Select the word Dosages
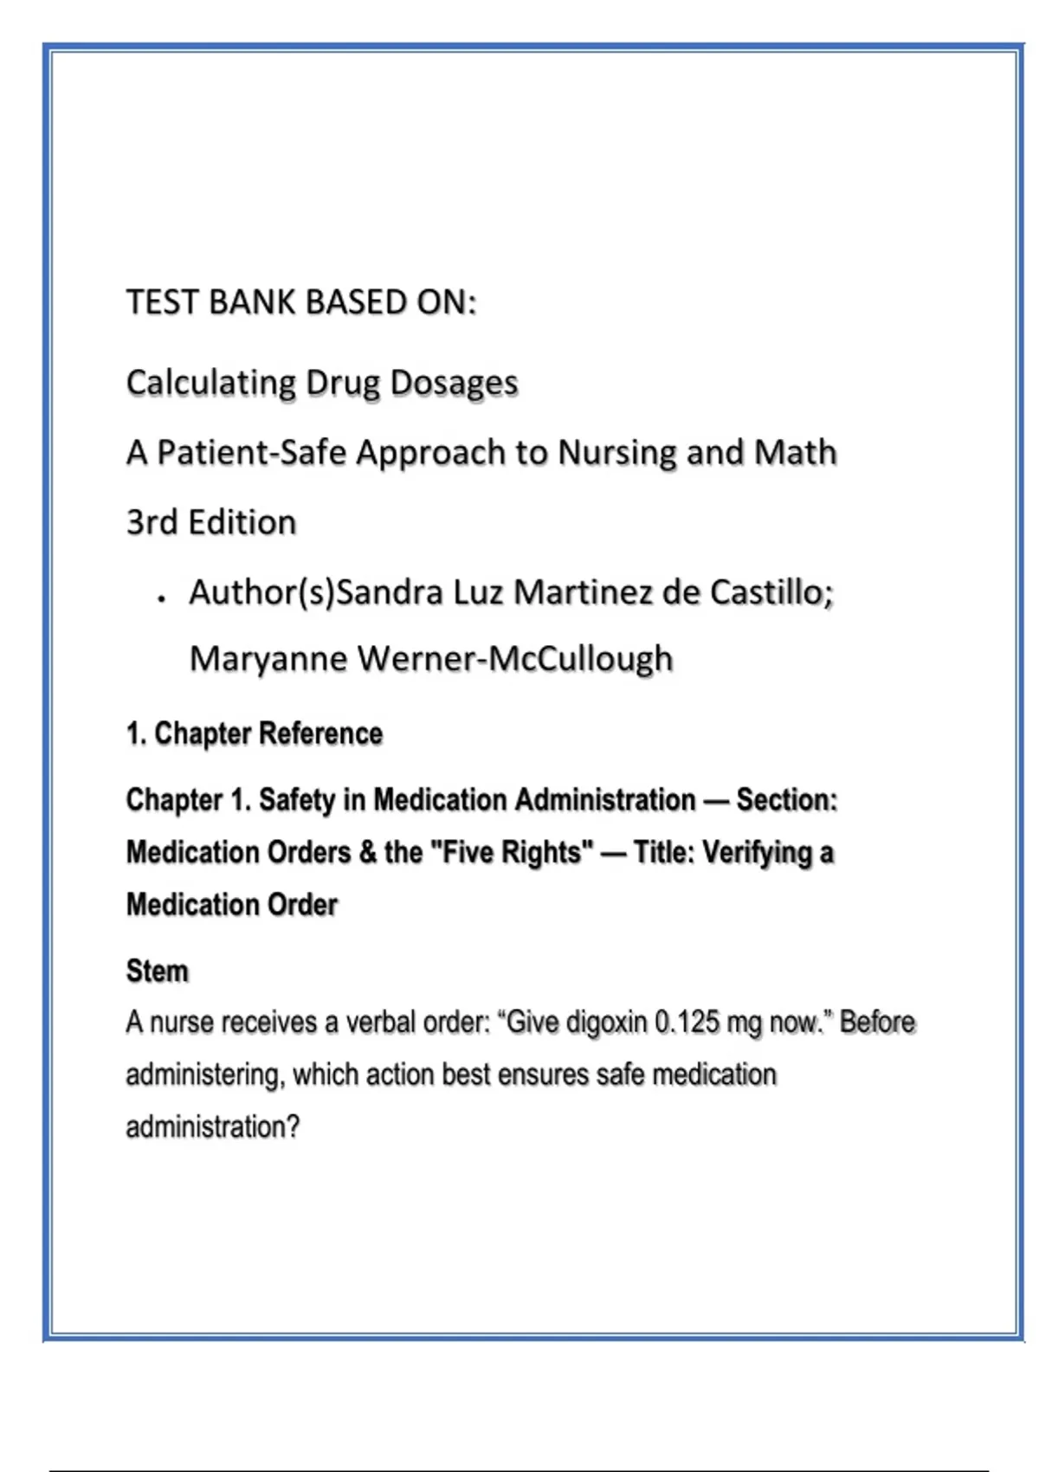[454, 383]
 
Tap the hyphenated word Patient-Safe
[252, 452]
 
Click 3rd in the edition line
[152, 522]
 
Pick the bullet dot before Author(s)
[162, 598]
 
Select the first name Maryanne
[268, 659]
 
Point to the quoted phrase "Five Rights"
[512, 852]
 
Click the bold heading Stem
[157, 971]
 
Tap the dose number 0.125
[687, 1023]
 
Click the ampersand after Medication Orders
[367, 852]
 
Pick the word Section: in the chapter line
[786, 799]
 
